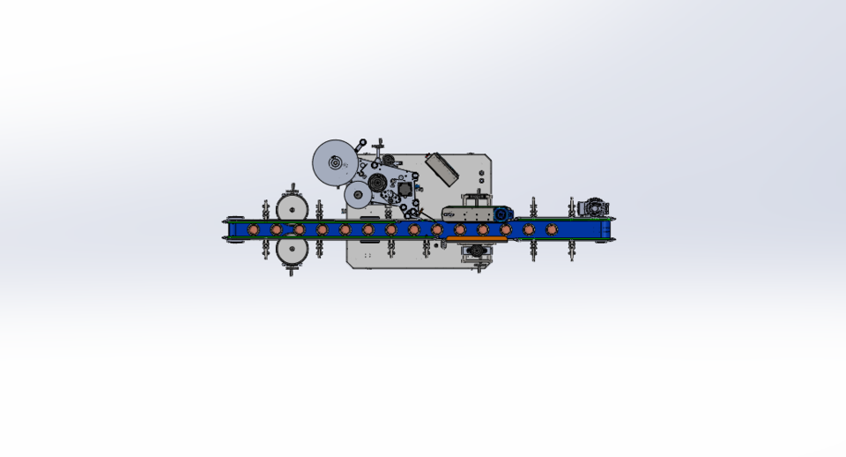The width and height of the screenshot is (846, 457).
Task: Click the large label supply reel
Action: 335,163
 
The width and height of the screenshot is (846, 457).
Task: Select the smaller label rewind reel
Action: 358,197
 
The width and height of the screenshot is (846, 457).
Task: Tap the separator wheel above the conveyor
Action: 291,207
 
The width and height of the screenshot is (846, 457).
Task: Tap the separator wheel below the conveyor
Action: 291,251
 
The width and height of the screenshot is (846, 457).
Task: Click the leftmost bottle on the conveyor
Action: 254,229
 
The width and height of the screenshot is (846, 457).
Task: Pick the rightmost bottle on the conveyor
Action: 552,229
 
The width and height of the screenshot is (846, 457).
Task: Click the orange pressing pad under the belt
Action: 476,238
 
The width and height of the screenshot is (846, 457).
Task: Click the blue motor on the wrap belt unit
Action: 502,214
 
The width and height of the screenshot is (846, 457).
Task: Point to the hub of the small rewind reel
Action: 358,197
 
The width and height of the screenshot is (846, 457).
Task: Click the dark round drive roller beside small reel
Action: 378,184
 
